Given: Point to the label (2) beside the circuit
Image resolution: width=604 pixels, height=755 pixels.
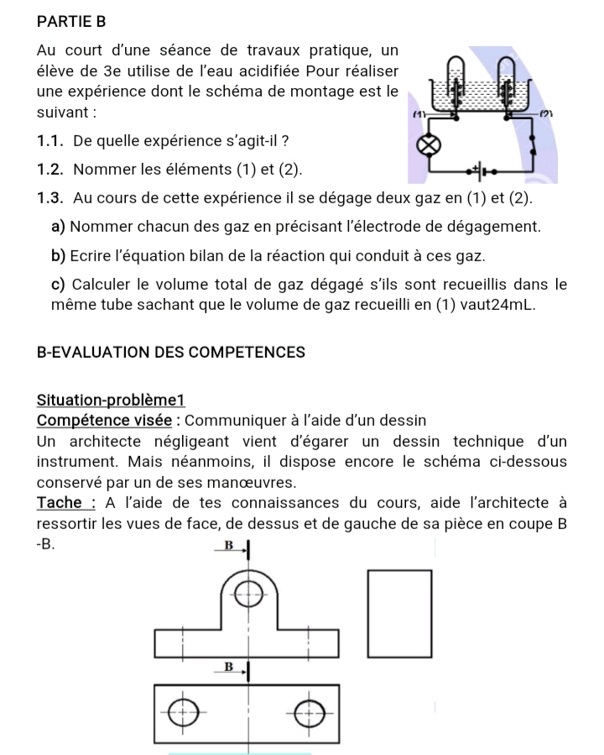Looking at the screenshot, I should point(545,113).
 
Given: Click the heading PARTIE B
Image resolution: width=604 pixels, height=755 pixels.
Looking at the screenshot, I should point(73,18).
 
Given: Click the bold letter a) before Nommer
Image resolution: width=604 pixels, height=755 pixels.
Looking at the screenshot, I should point(59,227).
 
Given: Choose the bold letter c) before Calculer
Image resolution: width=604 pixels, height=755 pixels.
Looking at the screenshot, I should point(59,284).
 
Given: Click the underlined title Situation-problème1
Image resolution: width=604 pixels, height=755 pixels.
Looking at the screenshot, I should point(110,401).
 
